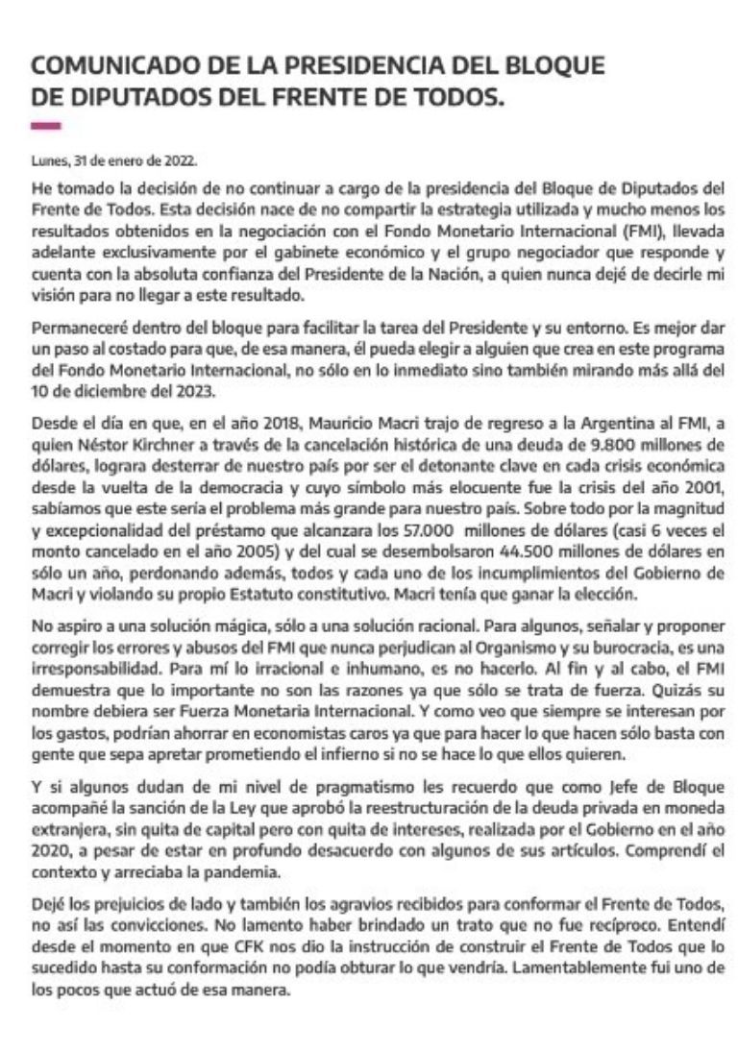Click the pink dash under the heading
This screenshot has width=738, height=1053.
click(46, 126)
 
